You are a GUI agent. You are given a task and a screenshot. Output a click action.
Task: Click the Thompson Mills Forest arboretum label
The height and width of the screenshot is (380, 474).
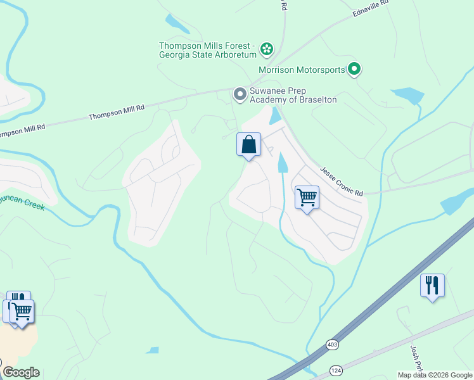207,50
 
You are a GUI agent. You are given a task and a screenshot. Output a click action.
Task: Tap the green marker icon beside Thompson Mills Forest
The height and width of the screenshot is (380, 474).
267,48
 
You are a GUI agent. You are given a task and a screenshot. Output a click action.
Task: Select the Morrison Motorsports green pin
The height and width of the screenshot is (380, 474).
354,69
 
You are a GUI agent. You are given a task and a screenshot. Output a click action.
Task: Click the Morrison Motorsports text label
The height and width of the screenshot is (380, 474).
302,70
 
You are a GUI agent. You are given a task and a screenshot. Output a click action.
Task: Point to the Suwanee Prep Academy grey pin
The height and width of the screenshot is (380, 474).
240,94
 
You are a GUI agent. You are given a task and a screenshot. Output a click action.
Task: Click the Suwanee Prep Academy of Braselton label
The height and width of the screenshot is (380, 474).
293,95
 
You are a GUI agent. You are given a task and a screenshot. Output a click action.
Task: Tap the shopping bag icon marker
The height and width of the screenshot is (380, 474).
249,144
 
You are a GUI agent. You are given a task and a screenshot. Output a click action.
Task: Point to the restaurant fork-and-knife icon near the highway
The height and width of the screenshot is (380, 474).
432,285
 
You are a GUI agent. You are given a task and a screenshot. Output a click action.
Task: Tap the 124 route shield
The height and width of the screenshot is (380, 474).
336,369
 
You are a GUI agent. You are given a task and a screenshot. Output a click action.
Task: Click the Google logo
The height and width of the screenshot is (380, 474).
21,372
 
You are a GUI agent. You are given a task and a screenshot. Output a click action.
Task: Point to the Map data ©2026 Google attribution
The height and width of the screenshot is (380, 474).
434,375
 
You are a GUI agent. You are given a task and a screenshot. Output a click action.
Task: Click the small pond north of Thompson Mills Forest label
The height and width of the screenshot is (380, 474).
177,23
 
